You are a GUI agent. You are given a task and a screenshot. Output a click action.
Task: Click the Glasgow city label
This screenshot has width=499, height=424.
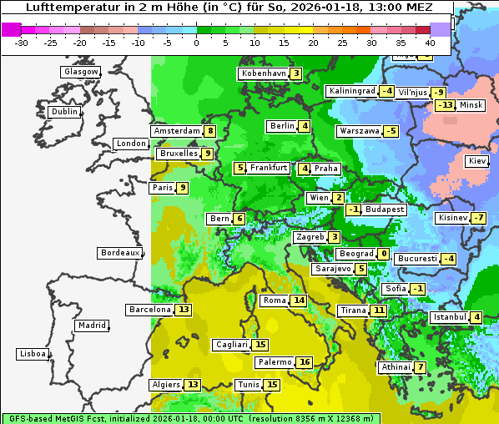coord(81,72)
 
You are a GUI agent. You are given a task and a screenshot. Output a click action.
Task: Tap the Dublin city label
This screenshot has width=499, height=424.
coord(64,112)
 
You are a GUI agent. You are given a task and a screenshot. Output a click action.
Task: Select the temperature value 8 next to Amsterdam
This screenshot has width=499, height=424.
coord(210,131)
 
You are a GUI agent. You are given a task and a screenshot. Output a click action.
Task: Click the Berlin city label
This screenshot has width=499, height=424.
coord(282,126)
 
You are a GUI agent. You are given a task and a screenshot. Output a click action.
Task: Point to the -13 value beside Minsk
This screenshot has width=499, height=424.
coord(445,105)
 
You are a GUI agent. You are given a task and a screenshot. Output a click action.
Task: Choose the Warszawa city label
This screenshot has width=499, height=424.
coord(359,131)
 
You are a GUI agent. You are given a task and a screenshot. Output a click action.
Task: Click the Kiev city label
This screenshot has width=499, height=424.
coord(477,161)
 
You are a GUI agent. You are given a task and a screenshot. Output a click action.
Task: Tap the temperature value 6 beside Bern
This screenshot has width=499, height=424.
coord(239,219)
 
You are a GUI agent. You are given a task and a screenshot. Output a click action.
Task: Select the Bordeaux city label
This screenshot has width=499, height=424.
coord(120,253)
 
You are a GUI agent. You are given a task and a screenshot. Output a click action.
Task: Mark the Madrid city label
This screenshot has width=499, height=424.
coord(92,326)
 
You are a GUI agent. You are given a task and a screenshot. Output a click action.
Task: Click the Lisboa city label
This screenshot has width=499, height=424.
coord(32,354)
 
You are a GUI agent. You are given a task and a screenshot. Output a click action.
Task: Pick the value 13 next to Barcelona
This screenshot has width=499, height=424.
coord(184,310)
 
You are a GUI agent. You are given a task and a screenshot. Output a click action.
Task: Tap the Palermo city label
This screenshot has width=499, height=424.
coord(274,362)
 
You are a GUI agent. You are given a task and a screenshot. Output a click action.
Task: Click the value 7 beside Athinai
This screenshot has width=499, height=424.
coord(421,367)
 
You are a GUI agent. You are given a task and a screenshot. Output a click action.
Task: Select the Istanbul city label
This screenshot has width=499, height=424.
coord(449,317)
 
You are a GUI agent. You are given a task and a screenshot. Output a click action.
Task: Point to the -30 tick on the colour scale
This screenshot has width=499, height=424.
coord(22,42)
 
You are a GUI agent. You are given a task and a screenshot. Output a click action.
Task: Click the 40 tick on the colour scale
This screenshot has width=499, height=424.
coord(430,42)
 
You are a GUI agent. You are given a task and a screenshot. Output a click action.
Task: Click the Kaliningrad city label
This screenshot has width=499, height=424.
coord(350,91)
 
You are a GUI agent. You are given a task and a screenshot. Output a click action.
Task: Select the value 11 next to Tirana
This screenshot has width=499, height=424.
coord(379,310)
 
